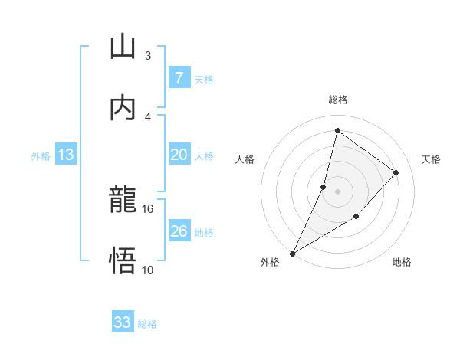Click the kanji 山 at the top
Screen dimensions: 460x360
click(x=123, y=47)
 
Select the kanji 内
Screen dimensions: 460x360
click(x=123, y=108)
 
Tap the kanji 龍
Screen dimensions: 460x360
click(x=123, y=201)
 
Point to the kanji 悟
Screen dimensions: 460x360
click(x=123, y=261)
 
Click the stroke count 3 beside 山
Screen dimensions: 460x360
click(x=147, y=56)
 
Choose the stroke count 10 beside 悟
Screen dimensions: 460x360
click(x=148, y=270)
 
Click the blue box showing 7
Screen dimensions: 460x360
click(x=179, y=78)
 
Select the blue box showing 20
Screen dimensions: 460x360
click(x=179, y=155)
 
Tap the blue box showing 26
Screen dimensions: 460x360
click(x=179, y=231)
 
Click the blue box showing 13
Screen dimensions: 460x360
click(x=66, y=155)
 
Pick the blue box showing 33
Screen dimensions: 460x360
click(x=123, y=322)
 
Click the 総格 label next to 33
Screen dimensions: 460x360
click(x=147, y=324)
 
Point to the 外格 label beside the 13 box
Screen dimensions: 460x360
click(x=41, y=156)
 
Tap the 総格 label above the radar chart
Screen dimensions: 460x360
click(x=337, y=100)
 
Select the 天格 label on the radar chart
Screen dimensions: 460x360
click(x=431, y=159)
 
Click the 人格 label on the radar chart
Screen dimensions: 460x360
click(x=245, y=159)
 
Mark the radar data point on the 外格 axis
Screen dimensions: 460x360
click(x=292, y=254)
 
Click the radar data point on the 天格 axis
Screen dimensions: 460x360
click(x=396, y=172)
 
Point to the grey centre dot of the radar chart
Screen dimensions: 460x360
click(x=337, y=191)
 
